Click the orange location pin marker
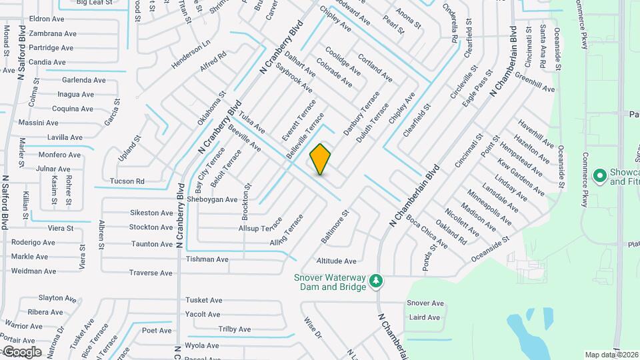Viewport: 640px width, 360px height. click(x=321, y=159)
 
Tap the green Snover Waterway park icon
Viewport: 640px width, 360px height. click(x=376, y=281)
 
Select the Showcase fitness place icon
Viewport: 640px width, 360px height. click(x=599, y=175)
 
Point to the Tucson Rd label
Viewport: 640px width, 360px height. click(x=127, y=181)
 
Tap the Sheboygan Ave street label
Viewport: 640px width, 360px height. click(x=213, y=199)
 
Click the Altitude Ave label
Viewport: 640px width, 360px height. click(x=337, y=261)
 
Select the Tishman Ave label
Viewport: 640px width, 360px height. click(x=207, y=259)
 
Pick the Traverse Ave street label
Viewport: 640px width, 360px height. click(x=151, y=273)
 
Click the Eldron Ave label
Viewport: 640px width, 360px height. click(x=46, y=19)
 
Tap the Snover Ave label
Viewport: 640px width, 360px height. click(x=425, y=303)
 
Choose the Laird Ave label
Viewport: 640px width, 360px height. click(x=425, y=317)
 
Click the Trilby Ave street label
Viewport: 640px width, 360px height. click(x=234, y=329)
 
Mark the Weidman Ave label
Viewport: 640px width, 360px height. click(x=33, y=271)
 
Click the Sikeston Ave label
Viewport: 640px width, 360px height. click(x=151, y=213)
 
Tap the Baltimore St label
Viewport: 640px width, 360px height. click(x=335, y=227)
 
